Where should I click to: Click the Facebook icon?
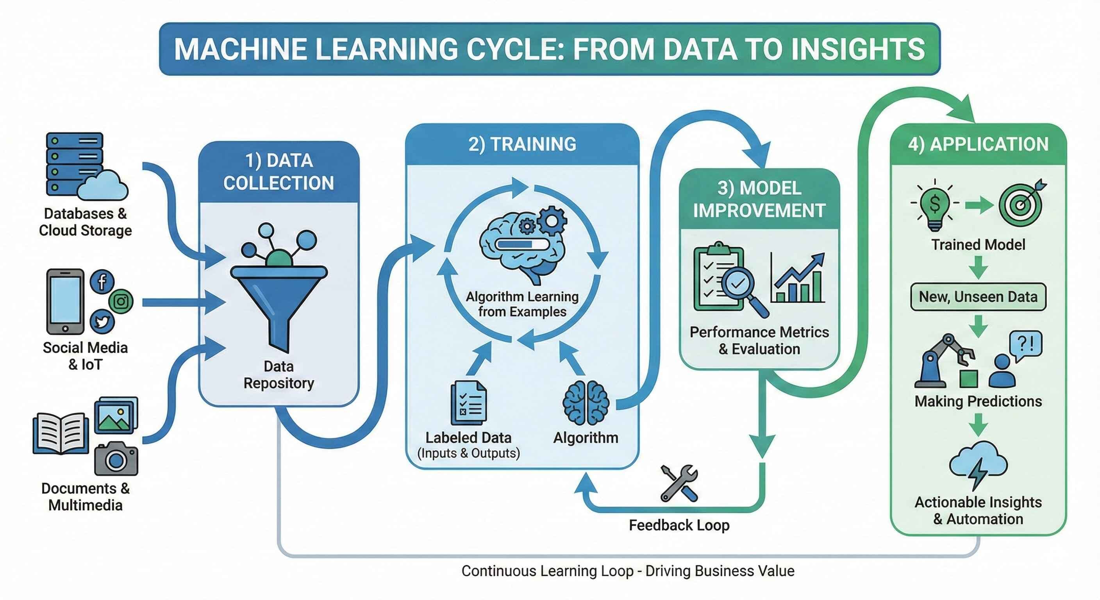pyautogui.click(x=102, y=282)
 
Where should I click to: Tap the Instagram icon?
pyautogui.click(x=121, y=301)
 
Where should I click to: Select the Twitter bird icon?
pyautogui.click(x=102, y=321)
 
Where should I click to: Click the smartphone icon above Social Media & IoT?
pyautogui.click(x=65, y=301)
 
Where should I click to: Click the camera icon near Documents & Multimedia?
pyautogui.click(x=116, y=459)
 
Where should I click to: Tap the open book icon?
pyautogui.click(x=61, y=432)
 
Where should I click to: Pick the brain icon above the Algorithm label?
pyautogui.click(x=586, y=402)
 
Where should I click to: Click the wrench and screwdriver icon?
pyautogui.click(x=679, y=482)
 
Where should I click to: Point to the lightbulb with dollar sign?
pyautogui.click(x=935, y=205)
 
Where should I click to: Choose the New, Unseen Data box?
pyautogui.click(x=978, y=296)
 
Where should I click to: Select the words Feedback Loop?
pyautogui.click(x=679, y=525)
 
